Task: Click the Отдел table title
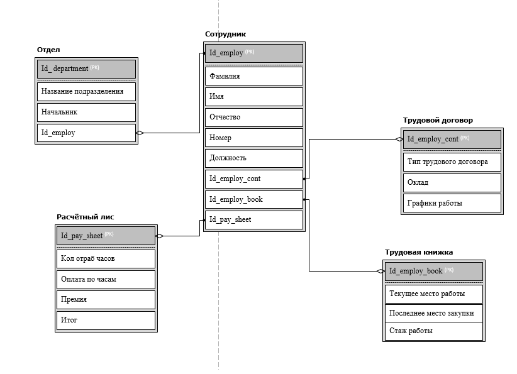(x=48, y=50)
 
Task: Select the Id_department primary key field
(x=86, y=69)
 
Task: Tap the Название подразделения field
(x=86, y=92)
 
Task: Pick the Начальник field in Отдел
(x=86, y=113)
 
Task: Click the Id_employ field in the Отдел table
(x=86, y=133)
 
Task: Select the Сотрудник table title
(x=225, y=34)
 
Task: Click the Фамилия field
(x=254, y=76)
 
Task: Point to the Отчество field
(x=254, y=118)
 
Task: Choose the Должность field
(x=254, y=158)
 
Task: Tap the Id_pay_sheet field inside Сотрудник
(x=254, y=220)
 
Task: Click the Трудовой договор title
(x=438, y=120)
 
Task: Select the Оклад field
(x=452, y=182)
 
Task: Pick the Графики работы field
(x=452, y=203)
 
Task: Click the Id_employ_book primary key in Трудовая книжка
(x=434, y=271)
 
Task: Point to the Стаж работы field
(x=434, y=331)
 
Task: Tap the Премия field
(x=106, y=300)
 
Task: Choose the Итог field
(x=106, y=321)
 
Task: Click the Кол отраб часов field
(x=106, y=259)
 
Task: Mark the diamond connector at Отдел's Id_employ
(x=140, y=133)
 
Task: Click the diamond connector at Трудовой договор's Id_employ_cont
(x=399, y=140)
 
